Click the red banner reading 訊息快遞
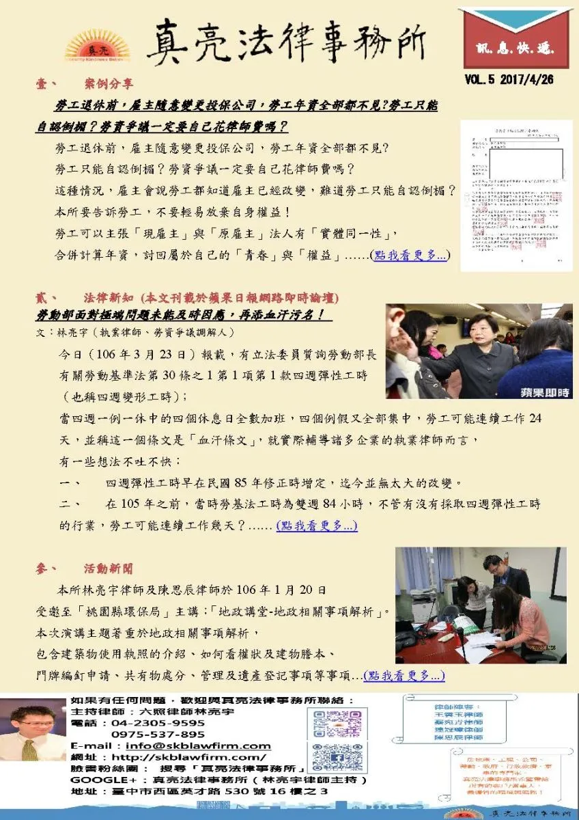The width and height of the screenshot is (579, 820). [514, 46]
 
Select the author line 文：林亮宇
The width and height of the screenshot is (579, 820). [137, 332]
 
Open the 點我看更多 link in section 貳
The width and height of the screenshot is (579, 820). [316, 526]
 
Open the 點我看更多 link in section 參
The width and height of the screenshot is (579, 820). [404, 676]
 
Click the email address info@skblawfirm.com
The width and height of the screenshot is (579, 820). [198, 746]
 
